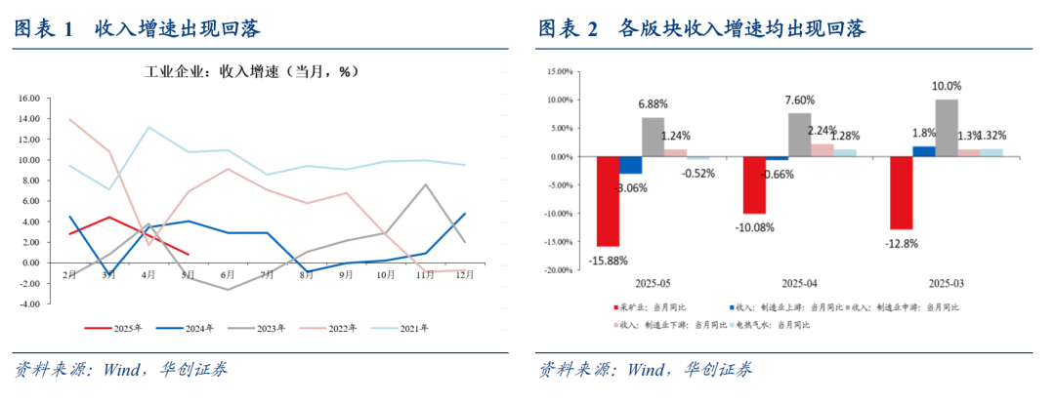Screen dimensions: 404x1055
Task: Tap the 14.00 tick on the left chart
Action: pyautogui.click(x=28, y=119)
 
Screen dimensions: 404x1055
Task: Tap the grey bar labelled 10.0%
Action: pyautogui.click(x=946, y=128)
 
